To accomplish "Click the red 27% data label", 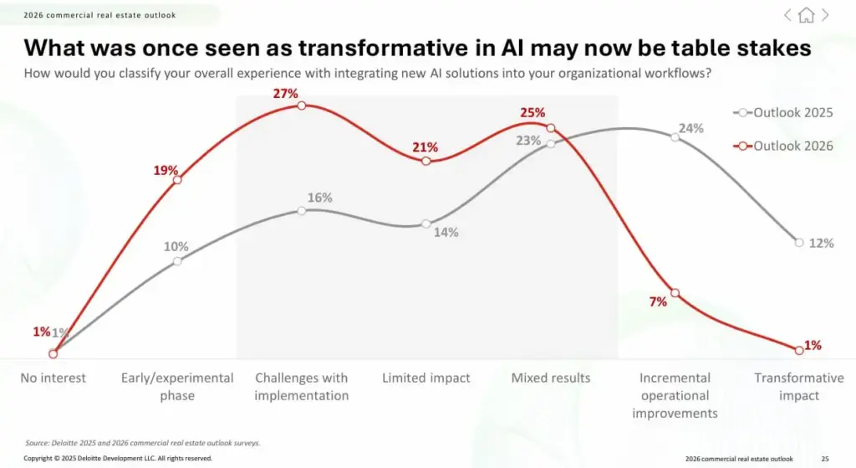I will click(x=286, y=94).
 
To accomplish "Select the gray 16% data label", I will click(x=320, y=198).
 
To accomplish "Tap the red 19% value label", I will click(x=166, y=170).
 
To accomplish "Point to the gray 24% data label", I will click(x=691, y=128).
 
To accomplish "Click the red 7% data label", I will click(x=658, y=301).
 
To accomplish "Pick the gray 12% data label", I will click(x=822, y=243).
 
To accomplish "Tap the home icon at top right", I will click(x=806, y=15).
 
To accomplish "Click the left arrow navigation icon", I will click(x=787, y=15).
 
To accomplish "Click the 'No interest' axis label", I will click(x=53, y=378).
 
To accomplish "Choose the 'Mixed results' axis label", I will click(x=551, y=378).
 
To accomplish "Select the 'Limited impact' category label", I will click(x=426, y=378).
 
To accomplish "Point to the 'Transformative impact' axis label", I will click(x=799, y=387).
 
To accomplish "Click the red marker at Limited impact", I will click(x=426, y=161).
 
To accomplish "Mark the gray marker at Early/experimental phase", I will click(x=177, y=261).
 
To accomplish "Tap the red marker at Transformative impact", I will click(x=799, y=350).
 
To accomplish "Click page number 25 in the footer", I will click(x=825, y=459).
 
